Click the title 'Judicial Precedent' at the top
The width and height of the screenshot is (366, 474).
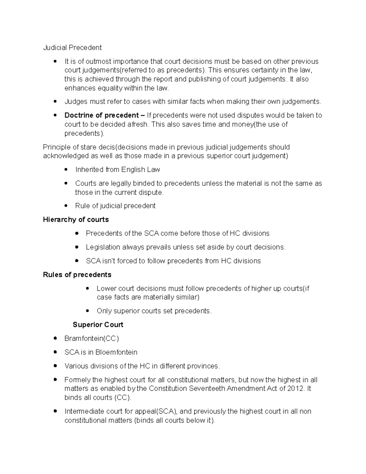click(72, 48)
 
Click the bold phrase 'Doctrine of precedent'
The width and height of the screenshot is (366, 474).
click(102, 115)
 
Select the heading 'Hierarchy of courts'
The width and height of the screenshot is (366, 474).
click(76, 220)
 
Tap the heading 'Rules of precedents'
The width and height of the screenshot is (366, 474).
click(77, 275)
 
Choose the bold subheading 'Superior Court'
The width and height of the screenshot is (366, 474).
click(98, 325)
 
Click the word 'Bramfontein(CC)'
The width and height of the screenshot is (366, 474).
click(91, 338)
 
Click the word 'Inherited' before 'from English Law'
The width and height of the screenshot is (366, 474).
click(89, 170)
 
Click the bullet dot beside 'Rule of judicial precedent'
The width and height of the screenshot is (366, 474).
click(66, 206)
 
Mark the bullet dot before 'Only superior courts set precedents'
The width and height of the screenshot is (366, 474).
click(88, 311)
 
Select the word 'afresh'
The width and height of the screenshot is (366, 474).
click(138, 125)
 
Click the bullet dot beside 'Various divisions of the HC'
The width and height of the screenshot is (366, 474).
click(55, 366)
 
